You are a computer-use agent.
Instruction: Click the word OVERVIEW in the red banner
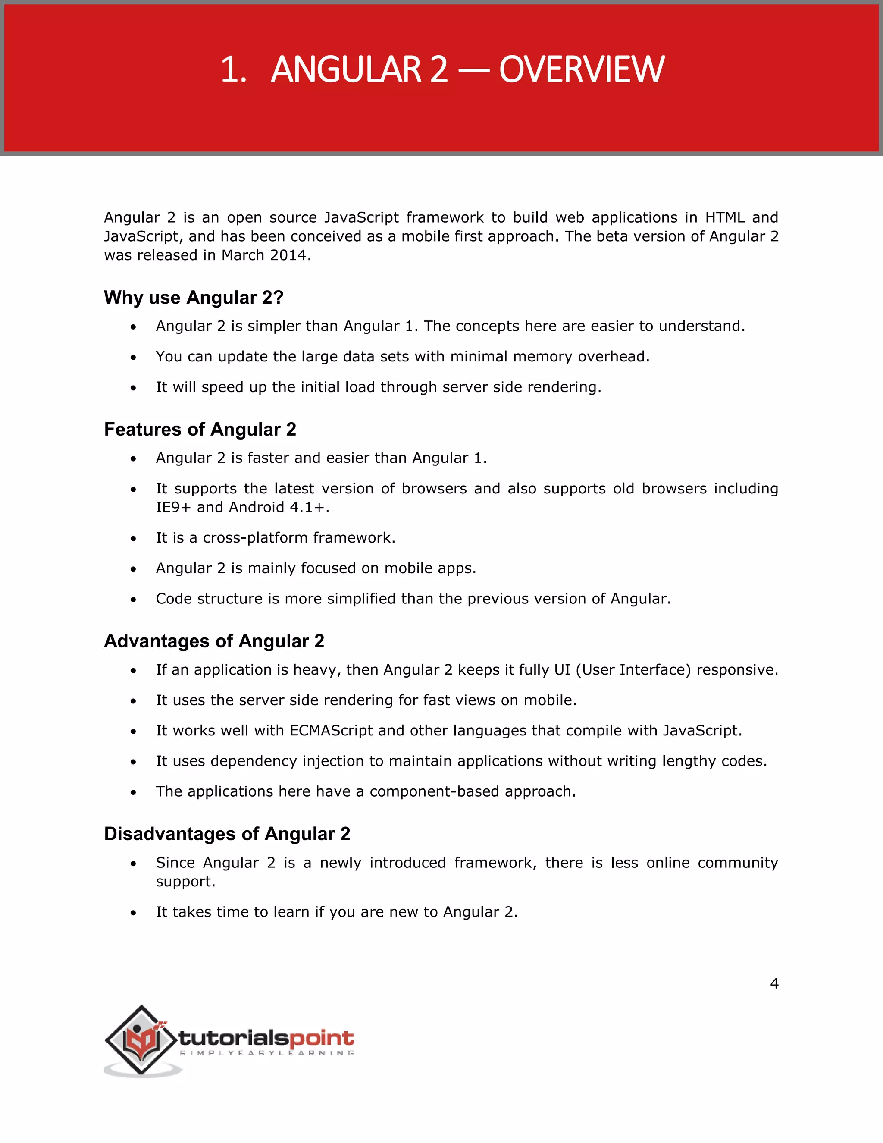[581, 69]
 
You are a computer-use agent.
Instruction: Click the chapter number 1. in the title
[233, 69]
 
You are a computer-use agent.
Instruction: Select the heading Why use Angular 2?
[194, 297]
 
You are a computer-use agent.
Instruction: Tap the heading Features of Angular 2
[200, 429]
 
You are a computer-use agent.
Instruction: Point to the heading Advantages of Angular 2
[214, 641]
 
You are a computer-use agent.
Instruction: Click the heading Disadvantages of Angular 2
[227, 834]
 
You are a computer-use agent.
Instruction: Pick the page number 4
[774, 984]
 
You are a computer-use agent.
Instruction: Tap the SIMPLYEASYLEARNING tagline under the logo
[267, 1053]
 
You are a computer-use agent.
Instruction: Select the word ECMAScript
[331, 731]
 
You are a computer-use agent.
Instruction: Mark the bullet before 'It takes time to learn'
[133, 913]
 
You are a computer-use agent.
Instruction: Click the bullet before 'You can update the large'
[133, 358]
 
